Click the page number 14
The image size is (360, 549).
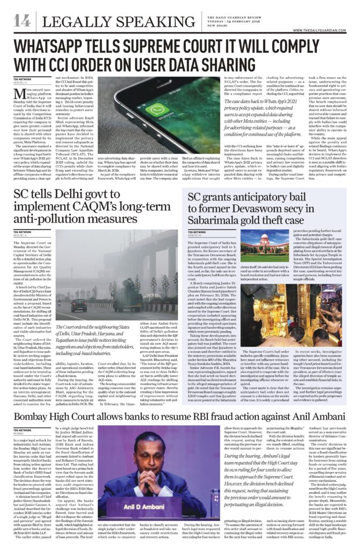21,21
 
